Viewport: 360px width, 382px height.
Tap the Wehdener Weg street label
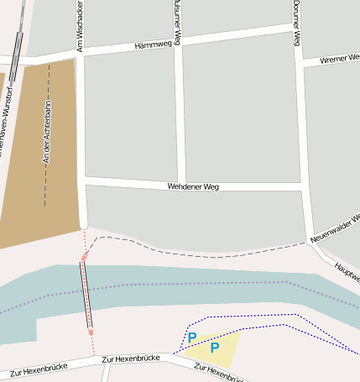(x=193, y=186)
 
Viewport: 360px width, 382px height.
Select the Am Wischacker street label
(x=81, y=25)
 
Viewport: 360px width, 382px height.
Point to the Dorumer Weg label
(x=297, y=23)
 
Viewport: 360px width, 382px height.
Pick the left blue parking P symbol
(x=192, y=338)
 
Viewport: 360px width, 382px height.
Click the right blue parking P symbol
(x=215, y=347)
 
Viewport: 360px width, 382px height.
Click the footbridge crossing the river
(x=86, y=294)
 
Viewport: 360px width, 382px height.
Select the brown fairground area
(x=34, y=168)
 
